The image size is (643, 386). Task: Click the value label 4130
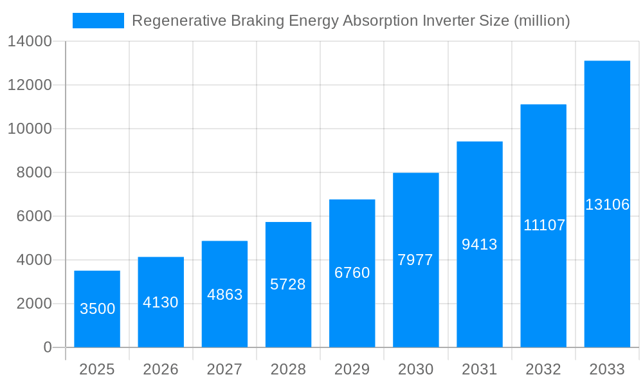click(161, 302)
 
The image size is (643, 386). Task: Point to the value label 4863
click(224, 295)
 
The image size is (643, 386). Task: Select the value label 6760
click(352, 273)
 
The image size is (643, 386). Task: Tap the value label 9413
click(480, 244)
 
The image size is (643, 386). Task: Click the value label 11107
click(543, 225)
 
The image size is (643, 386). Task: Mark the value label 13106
click(607, 205)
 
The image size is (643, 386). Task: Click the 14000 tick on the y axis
click(30, 42)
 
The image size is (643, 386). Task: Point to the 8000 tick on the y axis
click(33, 173)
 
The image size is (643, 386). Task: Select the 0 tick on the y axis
click(48, 347)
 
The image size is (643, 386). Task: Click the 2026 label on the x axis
click(161, 369)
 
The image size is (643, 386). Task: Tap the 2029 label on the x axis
click(352, 369)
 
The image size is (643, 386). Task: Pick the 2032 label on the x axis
click(543, 369)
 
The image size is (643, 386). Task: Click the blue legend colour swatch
click(98, 21)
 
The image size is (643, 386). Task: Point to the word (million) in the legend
click(541, 21)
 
